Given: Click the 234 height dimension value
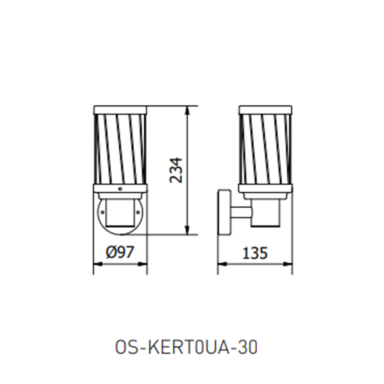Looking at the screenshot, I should [x=176, y=170].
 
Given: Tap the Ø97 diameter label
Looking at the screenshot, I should [x=120, y=252].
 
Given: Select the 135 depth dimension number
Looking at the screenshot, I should [x=255, y=253].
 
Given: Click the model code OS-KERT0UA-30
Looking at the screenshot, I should [x=187, y=348].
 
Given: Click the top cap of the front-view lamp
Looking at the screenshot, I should [x=120, y=110].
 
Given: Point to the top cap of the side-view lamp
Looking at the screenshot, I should [x=265, y=110].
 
